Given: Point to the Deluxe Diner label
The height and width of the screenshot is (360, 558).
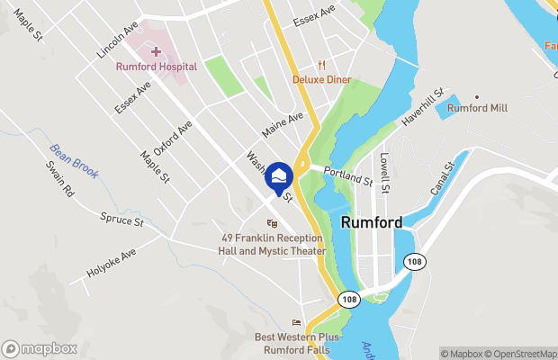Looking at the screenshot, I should click(321, 78).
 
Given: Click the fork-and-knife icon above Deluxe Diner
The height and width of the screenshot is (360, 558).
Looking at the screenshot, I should click(321, 64).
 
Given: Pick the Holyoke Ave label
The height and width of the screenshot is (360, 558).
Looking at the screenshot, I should click(111, 261).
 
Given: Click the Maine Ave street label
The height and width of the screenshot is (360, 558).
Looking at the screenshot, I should click(283, 124).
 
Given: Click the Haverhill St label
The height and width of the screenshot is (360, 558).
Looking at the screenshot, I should click(423, 107).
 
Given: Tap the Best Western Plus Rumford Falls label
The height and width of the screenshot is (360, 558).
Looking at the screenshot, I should click(296, 343).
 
